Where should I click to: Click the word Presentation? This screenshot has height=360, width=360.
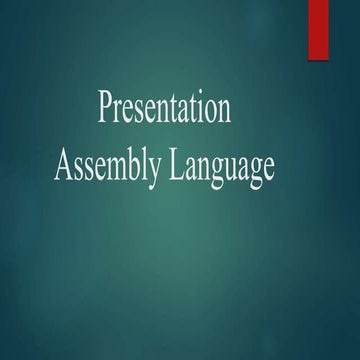pyautogui.click(x=164, y=108)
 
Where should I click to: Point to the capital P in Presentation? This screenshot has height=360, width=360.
pyautogui.click(x=106, y=107)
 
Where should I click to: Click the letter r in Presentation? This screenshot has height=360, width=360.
pyautogui.click(x=118, y=110)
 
